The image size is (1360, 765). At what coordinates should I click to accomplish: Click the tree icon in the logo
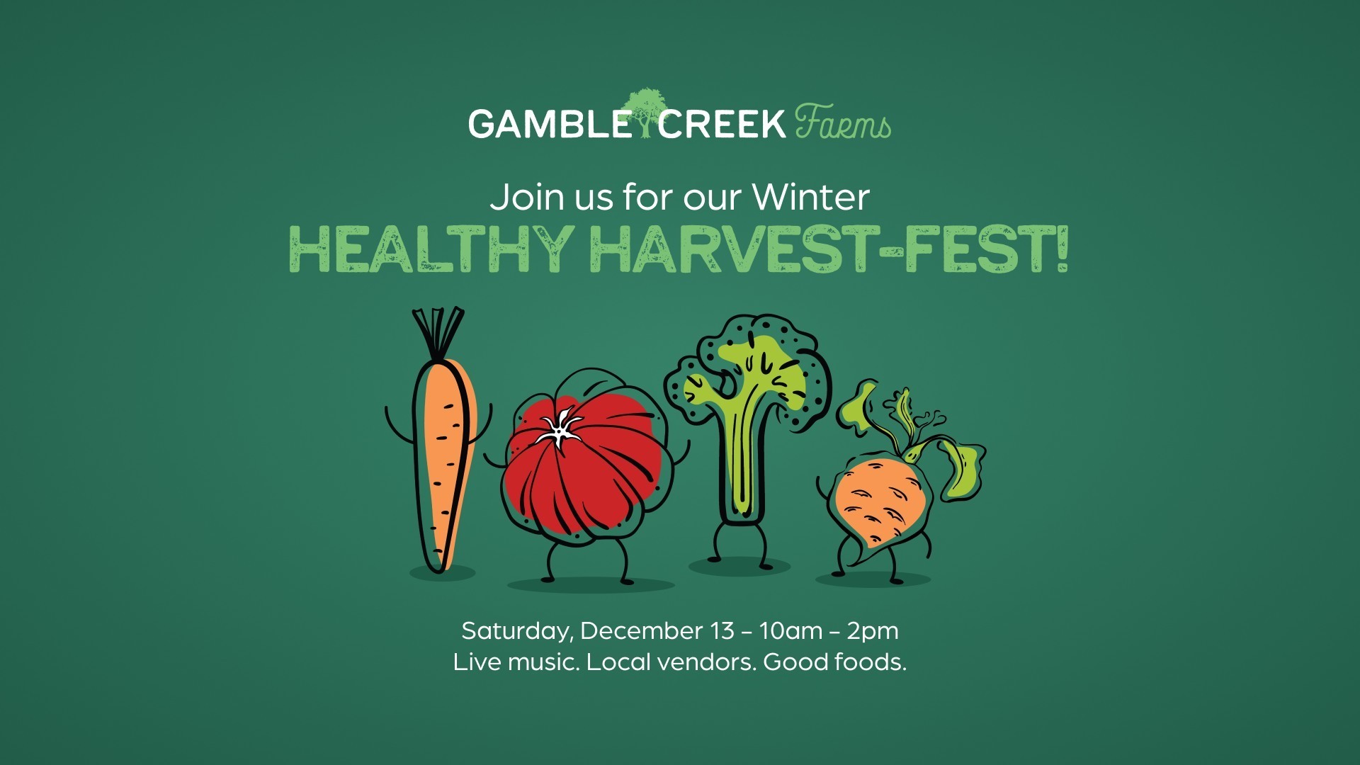tap(645, 112)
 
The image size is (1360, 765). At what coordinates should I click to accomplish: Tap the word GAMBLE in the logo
tap(549, 124)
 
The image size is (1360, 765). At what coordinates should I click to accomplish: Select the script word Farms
tap(843, 122)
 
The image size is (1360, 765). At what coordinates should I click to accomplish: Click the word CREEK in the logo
tap(722, 124)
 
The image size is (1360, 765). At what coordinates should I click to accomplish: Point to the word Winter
tap(811, 197)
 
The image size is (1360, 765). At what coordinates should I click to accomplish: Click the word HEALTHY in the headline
tap(431, 250)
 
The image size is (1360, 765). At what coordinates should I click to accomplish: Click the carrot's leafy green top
tap(438, 333)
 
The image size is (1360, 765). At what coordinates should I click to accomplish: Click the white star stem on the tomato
tap(560, 427)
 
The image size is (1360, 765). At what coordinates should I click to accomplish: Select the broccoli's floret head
tap(751, 372)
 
